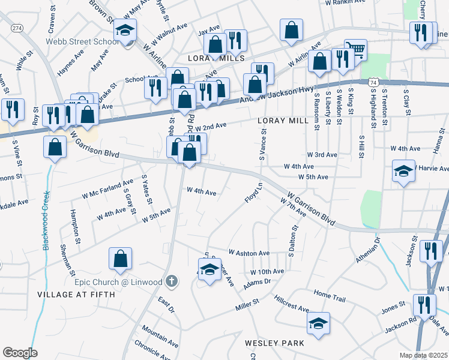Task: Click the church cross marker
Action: (x=172, y=281)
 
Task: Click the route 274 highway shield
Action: (x=17, y=28)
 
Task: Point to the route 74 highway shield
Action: (x=373, y=81)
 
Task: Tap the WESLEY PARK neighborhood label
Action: (x=274, y=343)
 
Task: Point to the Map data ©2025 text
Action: (x=424, y=355)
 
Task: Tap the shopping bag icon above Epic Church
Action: (x=120, y=258)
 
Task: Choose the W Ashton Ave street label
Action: (x=249, y=253)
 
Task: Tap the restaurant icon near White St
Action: (x=12, y=109)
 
